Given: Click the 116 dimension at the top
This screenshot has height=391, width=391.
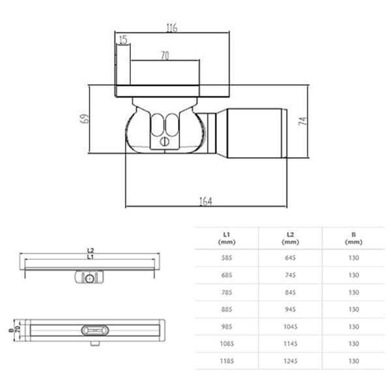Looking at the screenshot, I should click(x=171, y=27).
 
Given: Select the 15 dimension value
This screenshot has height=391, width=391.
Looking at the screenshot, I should click(x=123, y=40).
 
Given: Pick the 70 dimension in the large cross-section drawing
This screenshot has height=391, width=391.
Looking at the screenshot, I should click(x=164, y=57).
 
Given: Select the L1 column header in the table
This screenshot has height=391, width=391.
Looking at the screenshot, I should click(x=226, y=238).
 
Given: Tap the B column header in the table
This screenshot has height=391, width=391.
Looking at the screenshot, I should click(x=353, y=238).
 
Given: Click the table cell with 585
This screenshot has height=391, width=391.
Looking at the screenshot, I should click(x=226, y=257).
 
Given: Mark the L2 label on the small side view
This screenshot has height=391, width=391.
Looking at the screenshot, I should click(x=91, y=250).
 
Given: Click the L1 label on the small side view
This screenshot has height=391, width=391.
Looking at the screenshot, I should click(x=91, y=257).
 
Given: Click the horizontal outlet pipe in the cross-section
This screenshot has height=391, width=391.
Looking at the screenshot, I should click(x=254, y=134).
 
